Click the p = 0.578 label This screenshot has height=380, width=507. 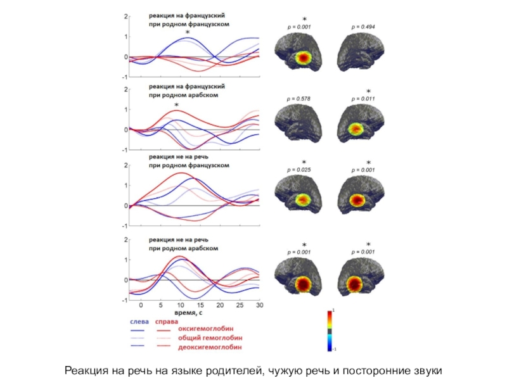coord(299,99)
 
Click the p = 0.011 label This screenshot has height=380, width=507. coord(363,99)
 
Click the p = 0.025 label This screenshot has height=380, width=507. coord(299,170)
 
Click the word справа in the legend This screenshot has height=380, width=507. coord(167,320)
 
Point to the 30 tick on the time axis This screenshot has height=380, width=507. coord(259,305)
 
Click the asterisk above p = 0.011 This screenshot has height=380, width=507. coord(368,92)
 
